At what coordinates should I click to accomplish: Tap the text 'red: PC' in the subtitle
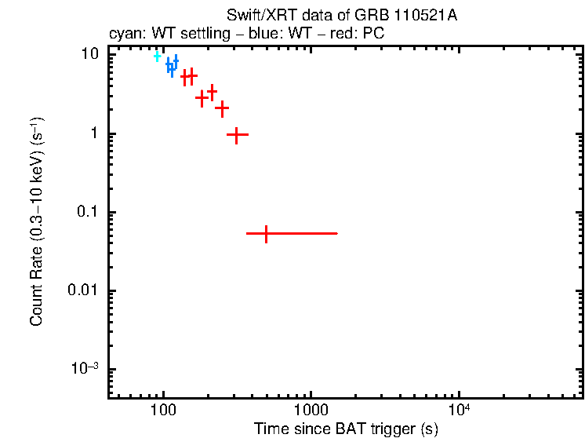359,35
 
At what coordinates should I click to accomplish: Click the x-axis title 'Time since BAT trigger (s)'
346,429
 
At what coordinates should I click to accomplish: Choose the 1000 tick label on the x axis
311,410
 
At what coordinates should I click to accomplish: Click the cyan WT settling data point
158,57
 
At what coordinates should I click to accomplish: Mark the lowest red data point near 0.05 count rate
267,234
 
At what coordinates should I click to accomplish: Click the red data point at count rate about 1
238,135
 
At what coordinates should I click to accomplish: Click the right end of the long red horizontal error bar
337,234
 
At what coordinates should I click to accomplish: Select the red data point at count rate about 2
222,108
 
